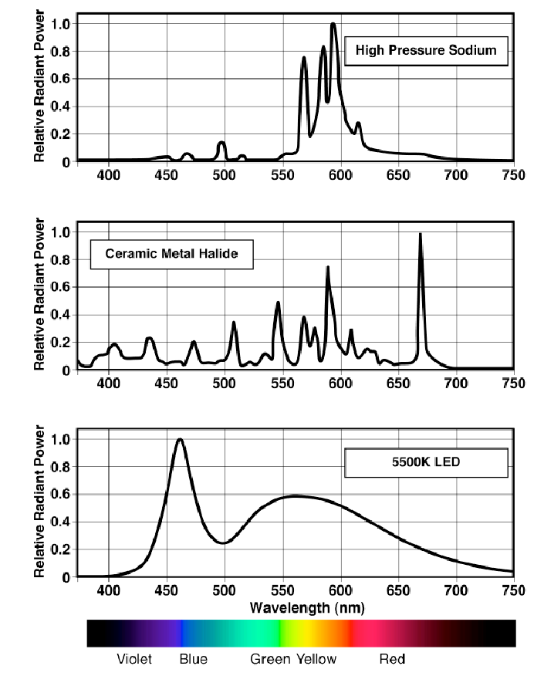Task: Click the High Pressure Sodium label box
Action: click(426, 52)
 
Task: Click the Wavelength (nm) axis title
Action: click(306, 607)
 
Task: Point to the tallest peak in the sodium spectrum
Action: click(333, 24)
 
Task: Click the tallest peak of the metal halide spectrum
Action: click(420, 234)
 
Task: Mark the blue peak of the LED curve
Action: click(180, 440)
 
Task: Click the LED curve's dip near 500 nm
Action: click(223, 542)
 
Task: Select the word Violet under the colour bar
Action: click(134, 659)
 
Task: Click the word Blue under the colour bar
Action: click(193, 659)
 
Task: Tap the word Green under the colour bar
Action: click(270, 659)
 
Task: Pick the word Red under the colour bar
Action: click(392, 659)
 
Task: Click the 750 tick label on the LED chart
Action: click(513, 590)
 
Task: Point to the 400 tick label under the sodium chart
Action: click(109, 175)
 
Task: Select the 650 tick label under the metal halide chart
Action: click(398, 383)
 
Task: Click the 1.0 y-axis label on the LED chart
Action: click(60, 439)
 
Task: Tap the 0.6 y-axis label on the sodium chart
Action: click(60, 79)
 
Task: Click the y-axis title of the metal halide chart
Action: click(39, 293)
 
